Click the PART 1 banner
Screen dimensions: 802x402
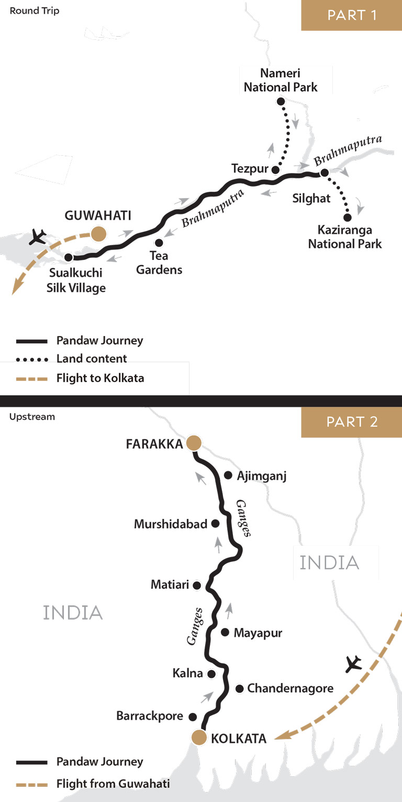tap(352, 15)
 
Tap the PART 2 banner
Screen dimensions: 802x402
tap(352, 422)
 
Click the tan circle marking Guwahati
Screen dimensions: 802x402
tap(98, 233)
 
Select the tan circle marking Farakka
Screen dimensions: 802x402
tap(194, 443)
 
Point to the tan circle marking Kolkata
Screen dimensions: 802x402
tap(199, 737)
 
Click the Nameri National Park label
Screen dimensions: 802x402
tap(281, 80)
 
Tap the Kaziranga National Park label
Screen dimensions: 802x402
tap(345, 236)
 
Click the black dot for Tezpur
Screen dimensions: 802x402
tap(275, 169)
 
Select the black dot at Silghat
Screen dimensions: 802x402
tap(325, 172)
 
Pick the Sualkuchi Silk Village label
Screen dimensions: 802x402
tap(77, 280)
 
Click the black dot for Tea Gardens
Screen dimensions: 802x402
tap(159, 243)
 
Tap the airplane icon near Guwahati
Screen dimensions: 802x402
tap(38, 237)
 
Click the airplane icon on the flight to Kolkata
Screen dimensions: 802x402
tap(354, 664)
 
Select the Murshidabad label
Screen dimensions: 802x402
tap(171, 524)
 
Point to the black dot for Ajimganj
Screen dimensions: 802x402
tap(228, 475)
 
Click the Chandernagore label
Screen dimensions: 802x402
tap(290, 688)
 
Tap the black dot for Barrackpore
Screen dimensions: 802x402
tap(192, 717)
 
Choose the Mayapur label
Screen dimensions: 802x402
tap(258, 633)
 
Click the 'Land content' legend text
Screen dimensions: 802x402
tap(92, 359)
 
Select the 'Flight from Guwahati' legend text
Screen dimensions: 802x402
tap(113, 784)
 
